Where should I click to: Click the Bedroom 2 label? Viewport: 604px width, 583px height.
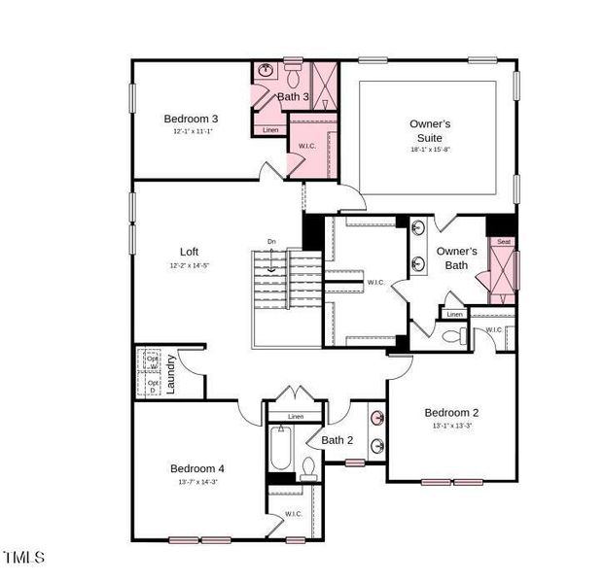[x=451, y=412]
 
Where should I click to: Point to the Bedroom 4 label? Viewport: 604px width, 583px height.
[x=197, y=468]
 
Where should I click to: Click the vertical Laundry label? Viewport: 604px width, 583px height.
[x=171, y=373]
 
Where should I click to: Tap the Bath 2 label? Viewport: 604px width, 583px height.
[x=338, y=440]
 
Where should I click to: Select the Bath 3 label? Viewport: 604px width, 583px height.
[x=293, y=96]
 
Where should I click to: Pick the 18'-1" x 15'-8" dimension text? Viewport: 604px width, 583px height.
[x=429, y=150]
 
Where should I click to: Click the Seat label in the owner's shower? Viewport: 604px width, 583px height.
[x=503, y=241]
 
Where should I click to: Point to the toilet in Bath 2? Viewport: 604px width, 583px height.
[x=308, y=469]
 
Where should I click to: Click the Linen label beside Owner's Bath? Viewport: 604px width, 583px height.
[x=454, y=314]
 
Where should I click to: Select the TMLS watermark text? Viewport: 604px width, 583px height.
[x=24, y=557]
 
